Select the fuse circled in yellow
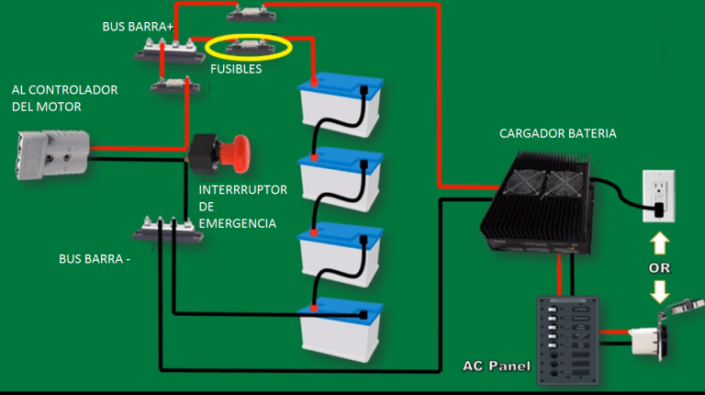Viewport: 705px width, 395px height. click(250, 46)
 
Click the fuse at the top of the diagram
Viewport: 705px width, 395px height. click(250, 13)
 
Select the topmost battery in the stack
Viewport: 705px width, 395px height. click(341, 107)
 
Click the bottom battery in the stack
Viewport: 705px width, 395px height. click(341, 329)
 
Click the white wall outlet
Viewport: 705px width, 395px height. click(658, 196)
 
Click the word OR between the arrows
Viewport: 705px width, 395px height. click(659, 269)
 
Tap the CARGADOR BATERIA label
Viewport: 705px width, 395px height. click(557, 133)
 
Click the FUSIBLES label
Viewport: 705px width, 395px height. click(236, 69)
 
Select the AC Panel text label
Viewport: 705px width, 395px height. click(496, 367)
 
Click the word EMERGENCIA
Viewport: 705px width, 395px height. click(237, 223)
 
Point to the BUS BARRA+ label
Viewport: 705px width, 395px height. click(138, 28)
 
